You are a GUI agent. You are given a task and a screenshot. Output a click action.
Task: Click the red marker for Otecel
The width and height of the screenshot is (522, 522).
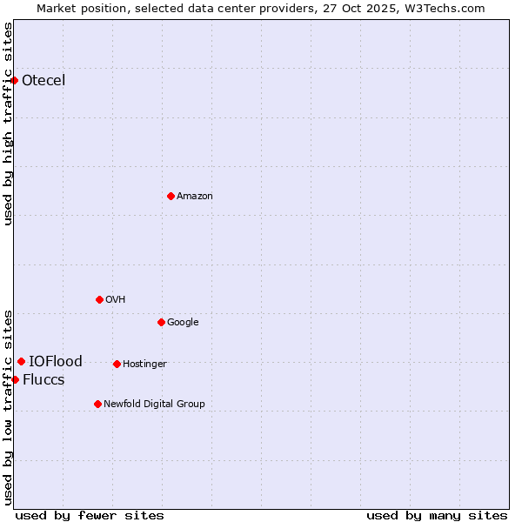tap(15, 80)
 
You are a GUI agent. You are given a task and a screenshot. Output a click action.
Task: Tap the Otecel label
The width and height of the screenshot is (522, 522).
tap(43, 81)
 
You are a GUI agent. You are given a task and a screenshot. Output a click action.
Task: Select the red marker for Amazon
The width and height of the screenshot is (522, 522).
tap(171, 196)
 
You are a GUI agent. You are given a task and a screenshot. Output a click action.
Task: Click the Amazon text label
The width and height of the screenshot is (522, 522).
tap(195, 197)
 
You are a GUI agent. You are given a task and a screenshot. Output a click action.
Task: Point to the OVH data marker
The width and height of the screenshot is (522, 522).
tap(99, 299)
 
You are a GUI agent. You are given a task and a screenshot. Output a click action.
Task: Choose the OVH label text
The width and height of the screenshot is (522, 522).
tap(116, 300)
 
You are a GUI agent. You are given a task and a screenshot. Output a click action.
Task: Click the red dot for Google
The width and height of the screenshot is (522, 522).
tap(161, 322)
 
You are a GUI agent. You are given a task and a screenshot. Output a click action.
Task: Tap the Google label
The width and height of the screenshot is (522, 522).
tap(183, 323)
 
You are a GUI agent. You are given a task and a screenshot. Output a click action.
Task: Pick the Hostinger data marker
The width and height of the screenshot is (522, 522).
tap(117, 364)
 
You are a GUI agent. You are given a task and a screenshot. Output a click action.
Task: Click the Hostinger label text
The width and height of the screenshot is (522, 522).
tap(144, 365)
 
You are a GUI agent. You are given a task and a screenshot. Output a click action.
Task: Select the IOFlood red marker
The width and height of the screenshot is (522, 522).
tap(21, 361)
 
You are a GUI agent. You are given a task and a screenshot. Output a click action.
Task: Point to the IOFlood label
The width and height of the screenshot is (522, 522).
tap(56, 362)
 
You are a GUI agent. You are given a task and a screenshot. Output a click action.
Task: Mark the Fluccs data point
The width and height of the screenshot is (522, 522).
tap(15, 379)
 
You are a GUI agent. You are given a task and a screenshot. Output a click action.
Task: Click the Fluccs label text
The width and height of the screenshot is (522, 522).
tap(43, 380)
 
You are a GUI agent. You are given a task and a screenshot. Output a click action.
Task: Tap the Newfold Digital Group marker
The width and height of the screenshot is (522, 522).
tap(97, 404)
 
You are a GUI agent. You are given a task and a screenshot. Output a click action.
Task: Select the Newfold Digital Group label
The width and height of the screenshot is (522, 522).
tap(154, 405)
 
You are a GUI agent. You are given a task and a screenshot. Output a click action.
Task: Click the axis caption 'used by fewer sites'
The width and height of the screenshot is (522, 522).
tap(90, 515)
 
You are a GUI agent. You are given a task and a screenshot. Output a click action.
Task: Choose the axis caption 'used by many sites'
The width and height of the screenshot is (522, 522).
tap(437, 515)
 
